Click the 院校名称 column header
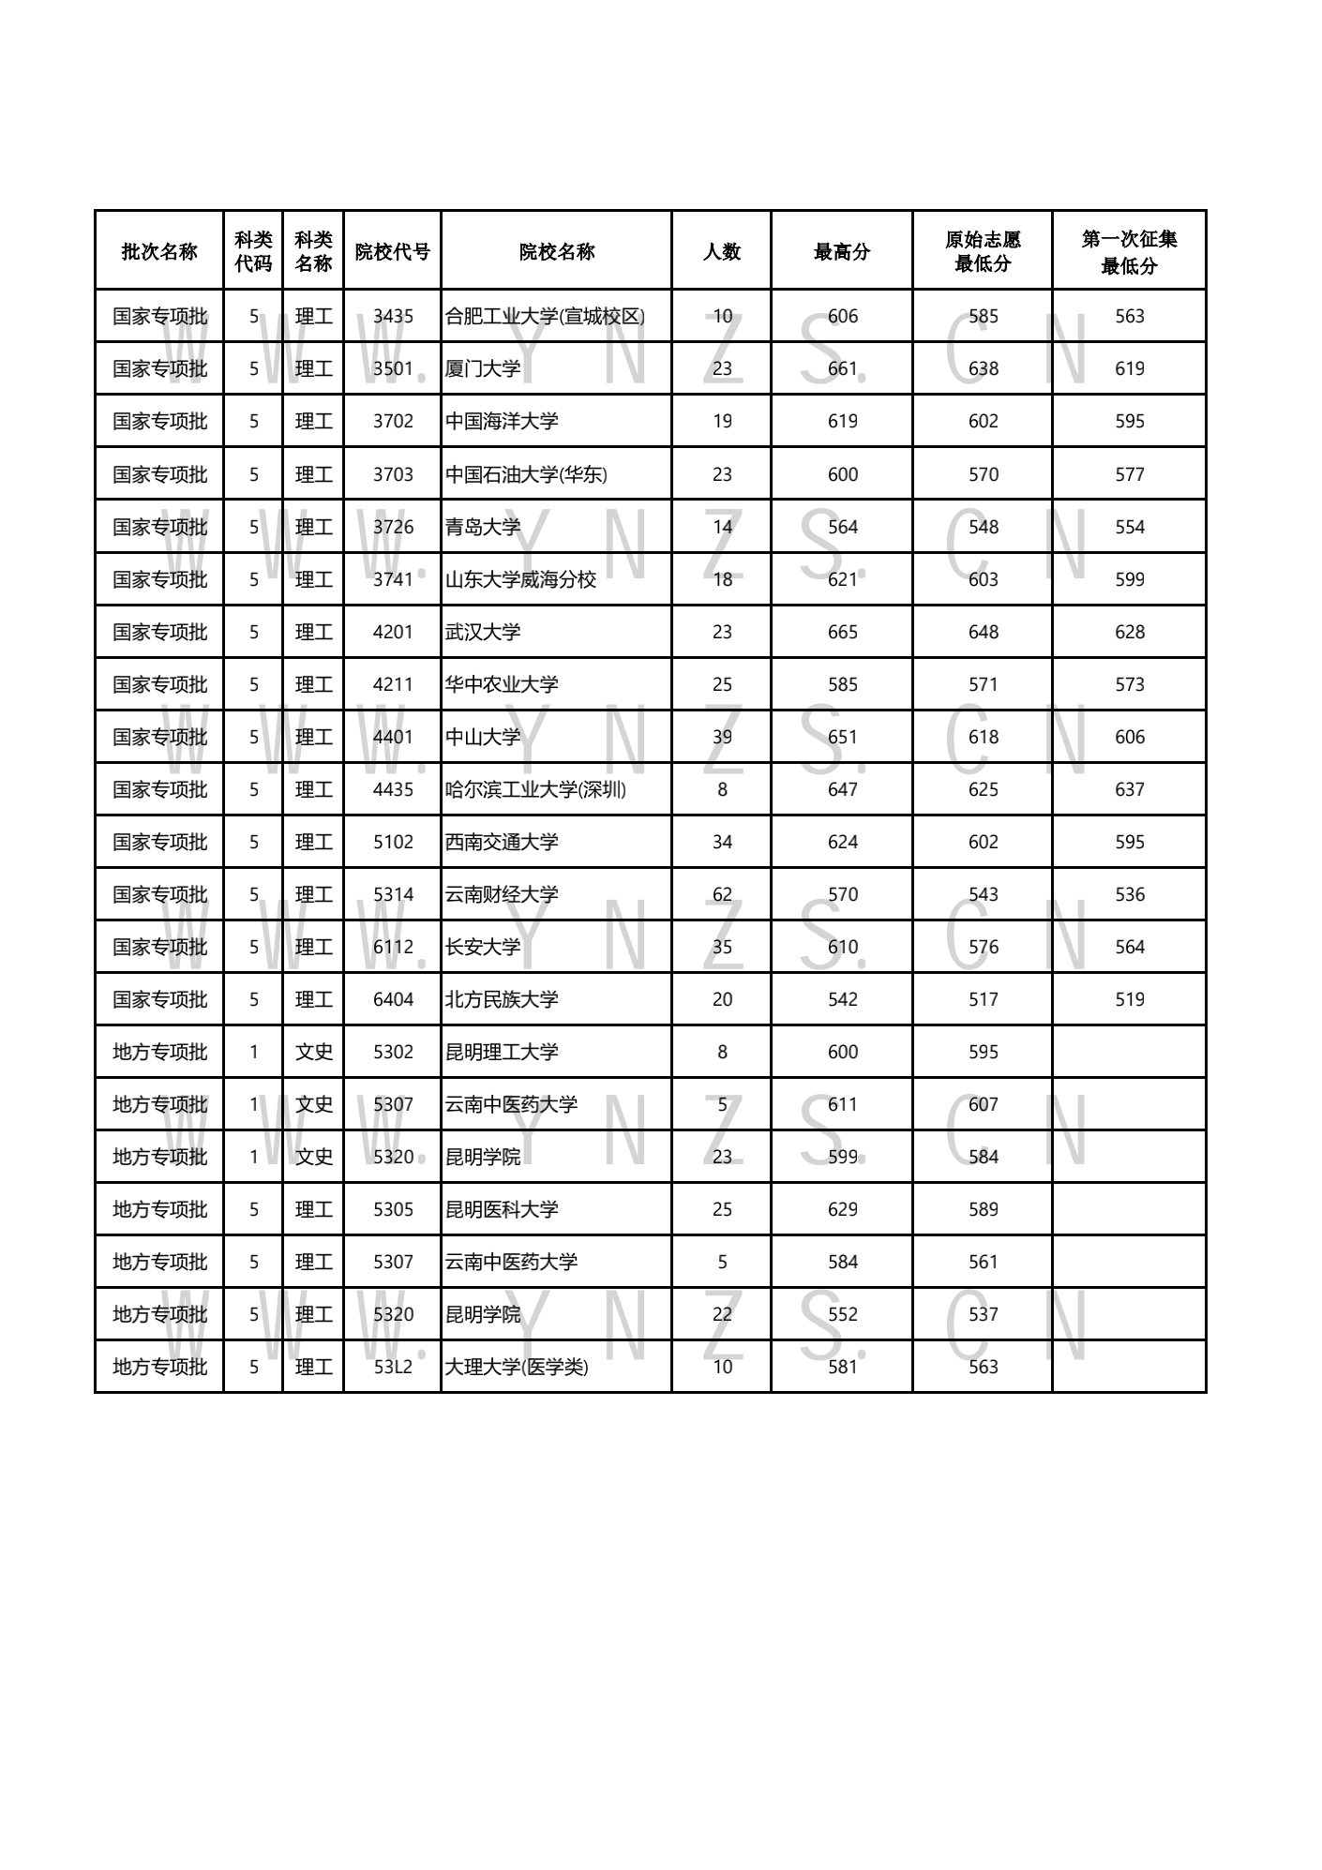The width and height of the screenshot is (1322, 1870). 556,251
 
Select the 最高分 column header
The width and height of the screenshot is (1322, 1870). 842,251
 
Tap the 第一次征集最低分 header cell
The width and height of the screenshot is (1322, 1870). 1129,251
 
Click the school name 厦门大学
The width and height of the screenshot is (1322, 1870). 483,369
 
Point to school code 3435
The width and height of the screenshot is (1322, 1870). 393,317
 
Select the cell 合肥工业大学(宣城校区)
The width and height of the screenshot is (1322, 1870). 545,317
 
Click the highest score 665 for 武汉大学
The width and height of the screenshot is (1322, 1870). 842,633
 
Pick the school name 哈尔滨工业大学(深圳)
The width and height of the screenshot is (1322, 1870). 535,790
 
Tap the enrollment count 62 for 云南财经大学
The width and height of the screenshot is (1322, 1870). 722,895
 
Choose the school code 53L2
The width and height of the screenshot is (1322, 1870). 393,1368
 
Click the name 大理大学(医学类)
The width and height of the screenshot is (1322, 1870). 517,1368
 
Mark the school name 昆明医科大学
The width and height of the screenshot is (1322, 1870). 502,1210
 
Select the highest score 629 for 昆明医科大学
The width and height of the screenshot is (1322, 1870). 842,1210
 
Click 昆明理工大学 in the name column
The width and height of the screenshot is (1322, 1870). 502,1053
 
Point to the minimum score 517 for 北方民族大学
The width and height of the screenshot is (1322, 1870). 983,1000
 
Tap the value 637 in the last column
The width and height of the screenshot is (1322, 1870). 1129,790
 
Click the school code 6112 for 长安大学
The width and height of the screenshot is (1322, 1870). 393,948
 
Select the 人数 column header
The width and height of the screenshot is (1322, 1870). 722,251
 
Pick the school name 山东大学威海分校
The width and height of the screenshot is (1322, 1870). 520,580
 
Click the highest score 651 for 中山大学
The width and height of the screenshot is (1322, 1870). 842,738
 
